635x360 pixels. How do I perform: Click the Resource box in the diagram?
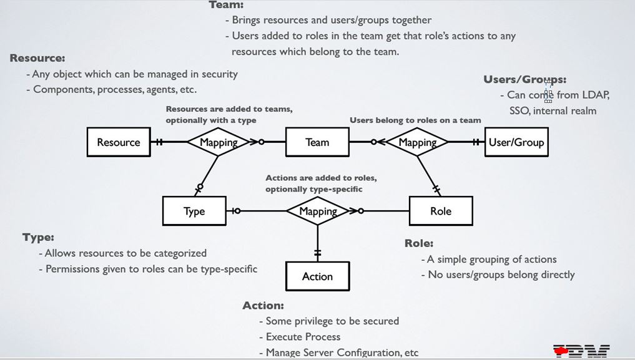click(x=118, y=142)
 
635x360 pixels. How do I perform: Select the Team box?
click(x=317, y=142)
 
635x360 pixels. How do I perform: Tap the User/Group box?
click(x=516, y=142)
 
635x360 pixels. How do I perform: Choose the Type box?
click(x=194, y=211)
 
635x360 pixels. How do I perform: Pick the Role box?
click(x=440, y=211)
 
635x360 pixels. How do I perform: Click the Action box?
click(x=317, y=276)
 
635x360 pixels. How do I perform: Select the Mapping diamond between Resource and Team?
click(x=219, y=142)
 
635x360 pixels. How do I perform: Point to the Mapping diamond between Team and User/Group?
click(x=417, y=142)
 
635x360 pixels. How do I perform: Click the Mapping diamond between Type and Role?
click(x=318, y=211)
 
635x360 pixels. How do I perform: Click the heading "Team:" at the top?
click(x=226, y=5)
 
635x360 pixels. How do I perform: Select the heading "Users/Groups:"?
click(x=524, y=79)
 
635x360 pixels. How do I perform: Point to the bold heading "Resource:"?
click(x=37, y=58)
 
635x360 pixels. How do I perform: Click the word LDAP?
click(x=595, y=95)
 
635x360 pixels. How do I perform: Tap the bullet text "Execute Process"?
click(x=303, y=337)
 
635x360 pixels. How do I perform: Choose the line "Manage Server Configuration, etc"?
click(x=342, y=353)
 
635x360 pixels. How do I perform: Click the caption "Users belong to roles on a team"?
click(x=415, y=120)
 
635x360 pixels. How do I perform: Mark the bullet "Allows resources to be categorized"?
click(x=126, y=253)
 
